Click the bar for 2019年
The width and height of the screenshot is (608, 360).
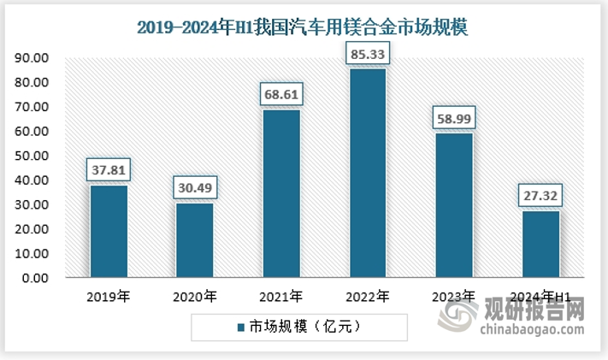click(x=108, y=232)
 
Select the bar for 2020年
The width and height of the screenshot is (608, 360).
click(x=194, y=240)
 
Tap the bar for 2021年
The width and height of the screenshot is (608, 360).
click(x=280, y=193)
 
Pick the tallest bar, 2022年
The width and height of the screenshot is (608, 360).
click(x=367, y=173)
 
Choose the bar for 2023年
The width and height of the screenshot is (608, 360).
click(x=453, y=205)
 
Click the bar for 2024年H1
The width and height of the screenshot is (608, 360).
click(x=540, y=245)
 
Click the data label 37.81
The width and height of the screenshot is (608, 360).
click(x=108, y=170)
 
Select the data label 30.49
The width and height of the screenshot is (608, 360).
click(x=194, y=188)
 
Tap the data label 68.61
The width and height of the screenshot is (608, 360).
click(x=280, y=94)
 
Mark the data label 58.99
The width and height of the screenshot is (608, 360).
click(x=453, y=118)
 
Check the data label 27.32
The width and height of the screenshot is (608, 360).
click(x=540, y=196)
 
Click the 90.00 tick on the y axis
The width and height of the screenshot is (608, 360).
click(x=32, y=58)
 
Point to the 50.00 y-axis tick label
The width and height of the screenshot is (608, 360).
click(x=32, y=156)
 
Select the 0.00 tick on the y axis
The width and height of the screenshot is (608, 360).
click(x=35, y=279)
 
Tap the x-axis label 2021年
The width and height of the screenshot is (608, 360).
click(x=280, y=298)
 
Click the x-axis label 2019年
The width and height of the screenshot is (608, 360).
click(x=108, y=298)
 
